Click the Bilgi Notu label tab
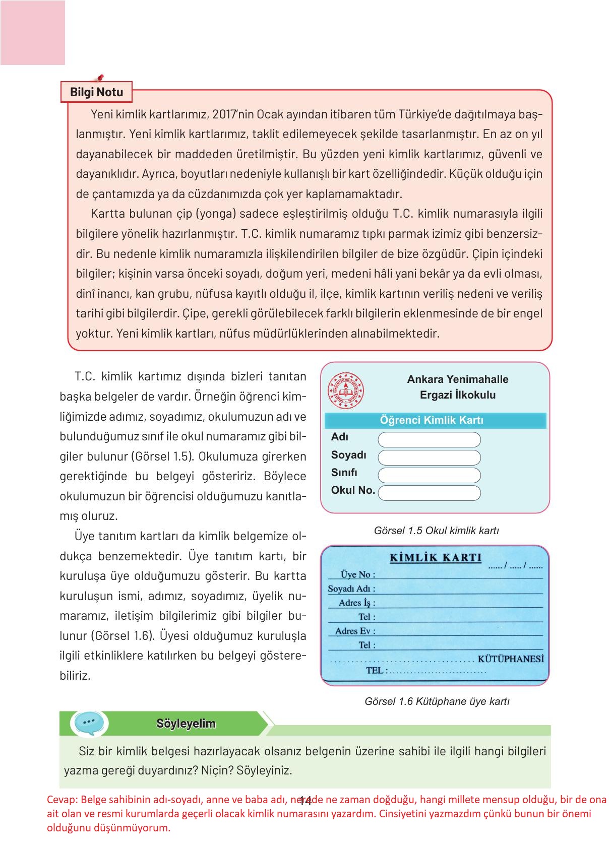tap(96, 92)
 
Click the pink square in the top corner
tap(33, 33)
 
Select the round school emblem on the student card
tap(345, 390)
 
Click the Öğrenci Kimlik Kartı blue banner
tap(435, 420)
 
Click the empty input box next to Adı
tap(429, 440)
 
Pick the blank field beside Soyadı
tap(429, 458)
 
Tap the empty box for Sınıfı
tap(429, 475)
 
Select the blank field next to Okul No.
tap(429, 493)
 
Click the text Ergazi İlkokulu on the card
tap(458, 395)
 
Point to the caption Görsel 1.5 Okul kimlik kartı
tap(436, 531)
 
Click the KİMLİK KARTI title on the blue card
tap(436, 557)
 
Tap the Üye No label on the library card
tap(357, 574)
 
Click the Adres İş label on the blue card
tap(356, 603)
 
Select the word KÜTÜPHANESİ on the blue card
tap(511, 659)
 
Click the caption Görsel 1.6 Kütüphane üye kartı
tap(437, 701)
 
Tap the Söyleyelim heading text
tap(186, 724)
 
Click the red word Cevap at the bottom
tap(60, 800)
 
